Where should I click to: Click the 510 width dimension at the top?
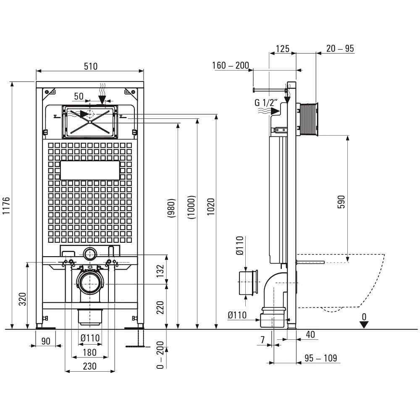[x=91, y=66]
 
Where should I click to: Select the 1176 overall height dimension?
[x=6, y=205]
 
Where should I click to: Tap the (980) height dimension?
[x=171, y=208]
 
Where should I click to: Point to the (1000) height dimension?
[x=192, y=207]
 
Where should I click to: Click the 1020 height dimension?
[x=211, y=207]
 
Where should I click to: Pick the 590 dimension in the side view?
[x=341, y=202]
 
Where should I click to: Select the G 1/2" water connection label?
[x=266, y=102]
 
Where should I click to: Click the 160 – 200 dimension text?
[x=231, y=66]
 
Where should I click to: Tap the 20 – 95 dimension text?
[x=340, y=48]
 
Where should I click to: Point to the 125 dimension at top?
[x=283, y=49]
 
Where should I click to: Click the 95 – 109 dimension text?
[x=320, y=358]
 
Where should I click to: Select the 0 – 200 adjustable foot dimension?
[x=160, y=355]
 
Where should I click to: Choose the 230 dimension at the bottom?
[x=89, y=366]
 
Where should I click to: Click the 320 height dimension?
[x=23, y=299]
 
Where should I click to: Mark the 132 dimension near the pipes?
[x=160, y=271]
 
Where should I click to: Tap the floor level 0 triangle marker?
[x=364, y=325]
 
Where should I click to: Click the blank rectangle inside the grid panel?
[x=90, y=171]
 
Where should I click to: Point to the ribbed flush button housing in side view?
[x=309, y=119]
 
